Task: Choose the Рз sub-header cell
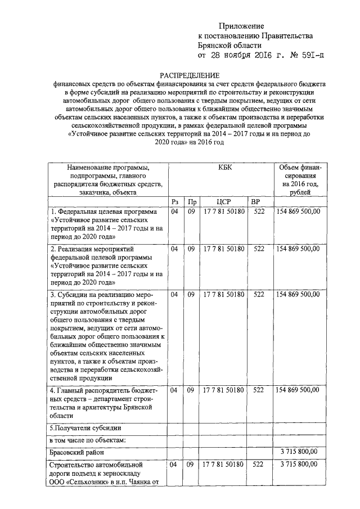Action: (174, 202)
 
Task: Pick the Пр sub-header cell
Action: (192, 202)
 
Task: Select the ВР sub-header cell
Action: (256, 202)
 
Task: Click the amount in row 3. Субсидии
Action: (298, 294)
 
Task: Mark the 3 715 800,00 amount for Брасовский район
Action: (298, 452)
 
